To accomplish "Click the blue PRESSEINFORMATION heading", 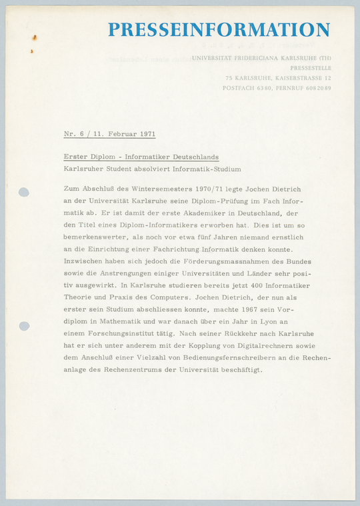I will tap(219, 30).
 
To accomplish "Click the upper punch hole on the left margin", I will tap(24, 193).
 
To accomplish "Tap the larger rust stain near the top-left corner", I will tap(34, 38).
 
